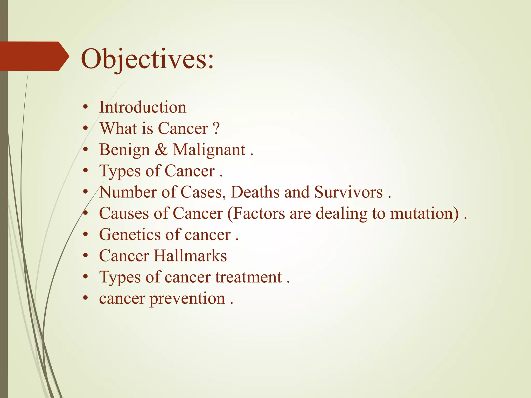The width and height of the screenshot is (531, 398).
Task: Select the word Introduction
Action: pyautogui.click(x=143, y=107)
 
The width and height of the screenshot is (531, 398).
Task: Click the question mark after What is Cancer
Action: pyautogui.click(x=216, y=129)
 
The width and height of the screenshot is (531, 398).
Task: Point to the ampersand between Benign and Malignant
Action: pyautogui.click(x=161, y=150)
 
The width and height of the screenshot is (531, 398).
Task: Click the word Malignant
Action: pyautogui.click(x=209, y=150)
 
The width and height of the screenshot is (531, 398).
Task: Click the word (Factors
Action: pyautogui.click(x=256, y=214)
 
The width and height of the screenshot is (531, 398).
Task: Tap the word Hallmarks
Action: pyautogui.click(x=190, y=256)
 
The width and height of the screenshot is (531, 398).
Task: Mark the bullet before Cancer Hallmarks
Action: pyautogui.click(x=86, y=256)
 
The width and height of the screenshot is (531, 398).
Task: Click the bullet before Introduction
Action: pyautogui.click(x=86, y=108)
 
